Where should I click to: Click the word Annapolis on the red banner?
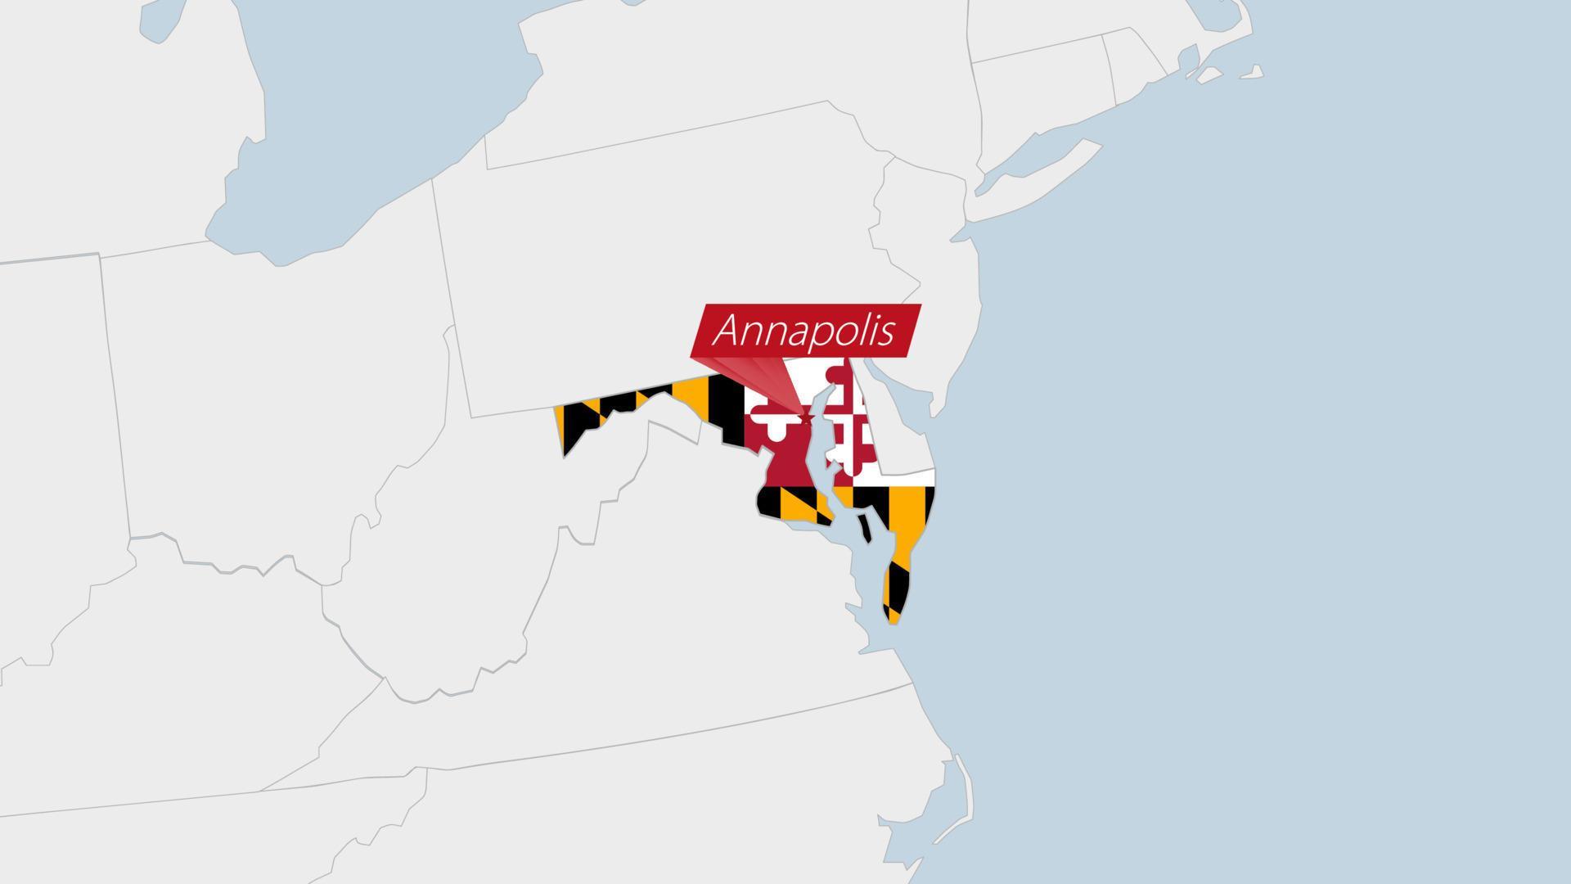(805, 331)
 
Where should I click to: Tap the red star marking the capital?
(806, 418)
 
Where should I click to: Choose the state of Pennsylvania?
(671, 270)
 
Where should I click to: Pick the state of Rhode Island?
(1133, 70)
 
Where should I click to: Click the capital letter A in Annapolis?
(727, 331)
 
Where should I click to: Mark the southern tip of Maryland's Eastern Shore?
(894, 620)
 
